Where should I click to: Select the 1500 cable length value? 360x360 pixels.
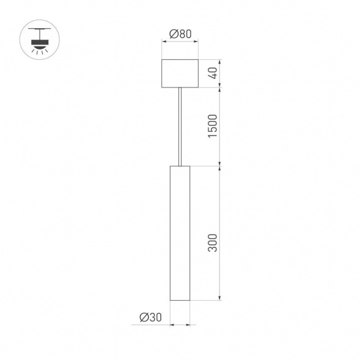(212, 126)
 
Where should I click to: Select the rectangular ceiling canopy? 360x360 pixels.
(180, 73)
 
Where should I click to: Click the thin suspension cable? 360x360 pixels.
(180, 125)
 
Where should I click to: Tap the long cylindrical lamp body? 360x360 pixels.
(180, 232)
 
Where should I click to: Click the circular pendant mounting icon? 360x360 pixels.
(39, 40)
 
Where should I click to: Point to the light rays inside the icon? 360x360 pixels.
(39, 51)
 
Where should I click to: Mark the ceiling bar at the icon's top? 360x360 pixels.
(39, 29)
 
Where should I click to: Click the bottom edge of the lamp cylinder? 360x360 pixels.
(180, 301)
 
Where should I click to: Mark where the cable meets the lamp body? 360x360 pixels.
(180, 165)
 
